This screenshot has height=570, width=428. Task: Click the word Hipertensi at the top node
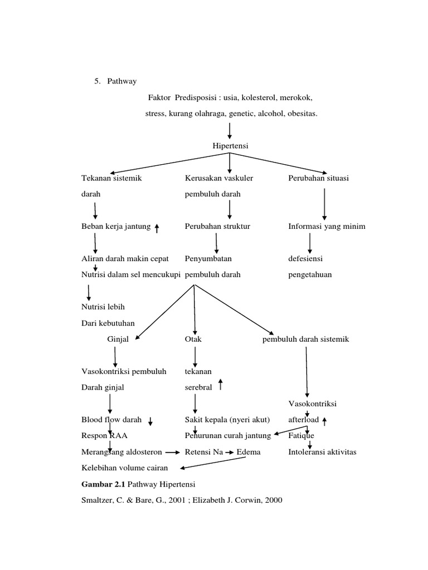pos(230,146)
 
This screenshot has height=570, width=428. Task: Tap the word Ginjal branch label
pos(118,339)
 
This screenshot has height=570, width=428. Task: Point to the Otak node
pos(193,339)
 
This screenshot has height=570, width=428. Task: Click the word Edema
pos(249,452)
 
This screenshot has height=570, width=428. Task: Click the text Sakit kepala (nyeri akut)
pos(227,419)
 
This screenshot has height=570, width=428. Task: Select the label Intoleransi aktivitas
pos(322,452)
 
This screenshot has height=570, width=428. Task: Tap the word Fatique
pos(301,435)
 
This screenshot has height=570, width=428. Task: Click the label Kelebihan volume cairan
pos(124,468)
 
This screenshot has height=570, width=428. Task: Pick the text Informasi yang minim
pos(327,227)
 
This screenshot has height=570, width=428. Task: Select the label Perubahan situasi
pos(318,178)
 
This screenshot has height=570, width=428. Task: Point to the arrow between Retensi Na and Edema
pos(229,453)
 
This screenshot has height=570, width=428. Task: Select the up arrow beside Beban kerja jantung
pos(157,228)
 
